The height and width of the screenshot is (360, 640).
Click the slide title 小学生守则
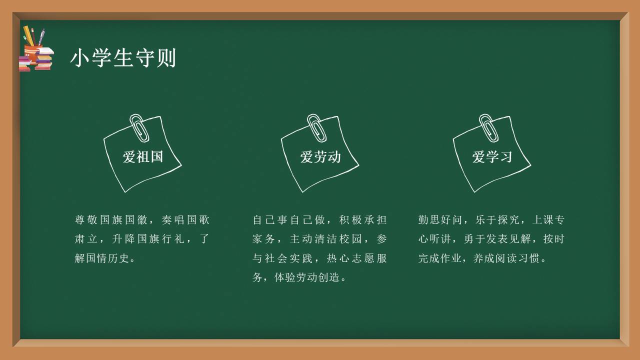pos(123,58)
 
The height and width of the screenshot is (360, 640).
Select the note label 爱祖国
pos(143,156)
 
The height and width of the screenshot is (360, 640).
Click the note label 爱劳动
pos(320,157)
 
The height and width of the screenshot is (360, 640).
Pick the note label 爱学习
pos(492,157)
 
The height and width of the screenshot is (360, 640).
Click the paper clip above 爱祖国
pos(139,127)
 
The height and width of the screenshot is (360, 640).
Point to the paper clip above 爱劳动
pos(316,127)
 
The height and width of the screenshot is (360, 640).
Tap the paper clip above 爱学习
pos(488,127)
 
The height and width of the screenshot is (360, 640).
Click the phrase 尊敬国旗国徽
pos(111,220)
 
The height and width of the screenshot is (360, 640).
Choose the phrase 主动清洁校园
pos(326,239)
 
